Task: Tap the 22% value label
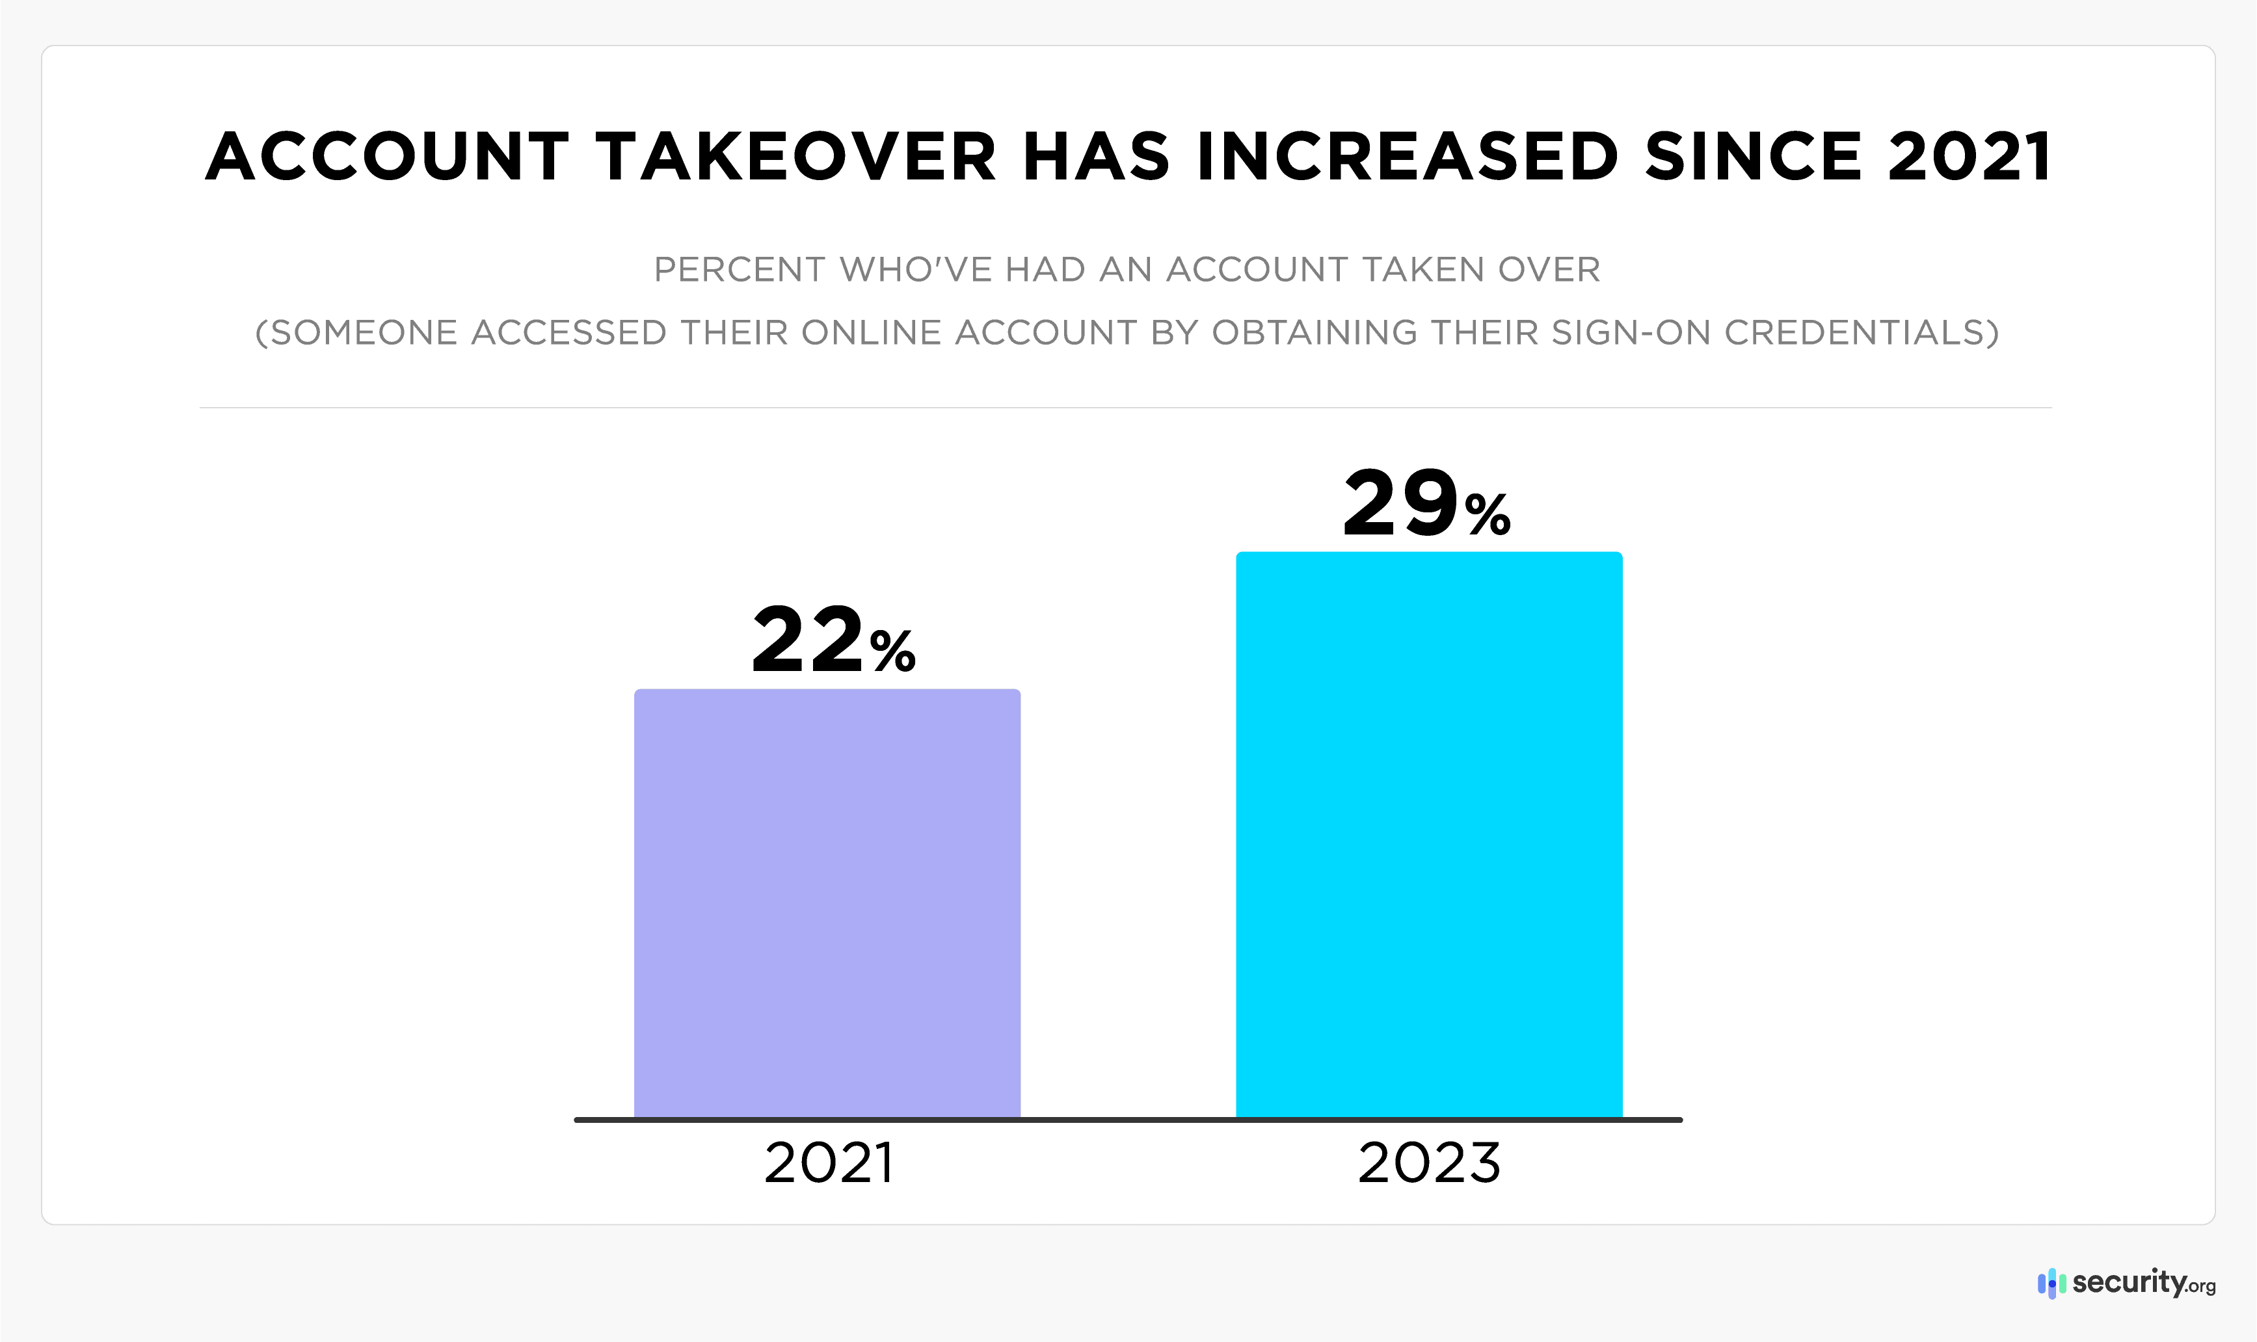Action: pyautogui.click(x=833, y=640)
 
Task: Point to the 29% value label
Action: pyautogui.click(x=1426, y=504)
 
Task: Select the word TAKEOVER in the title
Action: pyautogui.click(x=796, y=157)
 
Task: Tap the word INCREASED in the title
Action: pyautogui.click(x=1407, y=157)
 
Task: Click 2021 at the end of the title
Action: pyautogui.click(x=1970, y=157)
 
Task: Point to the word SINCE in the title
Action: pyautogui.click(x=1753, y=157)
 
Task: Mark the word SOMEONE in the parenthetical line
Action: pyautogui.click(x=364, y=333)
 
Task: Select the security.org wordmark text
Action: pyautogui.click(x=2142, y=1282)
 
